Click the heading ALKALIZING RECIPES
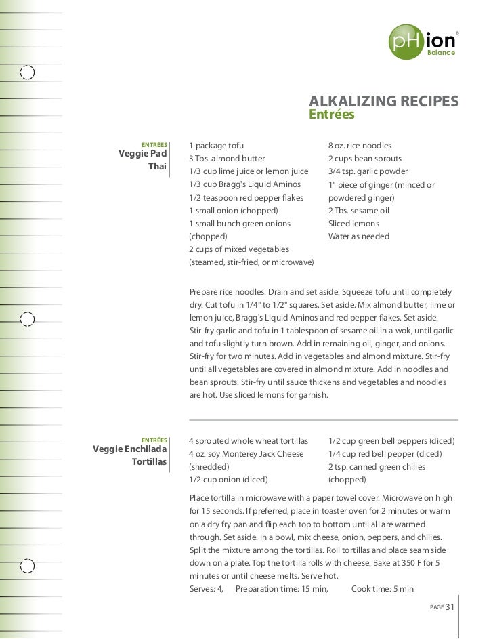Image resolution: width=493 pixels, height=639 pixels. click(383, 101)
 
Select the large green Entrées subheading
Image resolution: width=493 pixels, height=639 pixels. click(332, 115)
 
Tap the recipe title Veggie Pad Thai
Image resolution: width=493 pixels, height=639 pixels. click(143, 159)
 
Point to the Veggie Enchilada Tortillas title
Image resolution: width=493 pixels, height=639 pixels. click(130, 455)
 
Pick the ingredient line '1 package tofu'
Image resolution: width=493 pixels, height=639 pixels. click(216, 146)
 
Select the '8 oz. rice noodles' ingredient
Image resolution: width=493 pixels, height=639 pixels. click(360, 146)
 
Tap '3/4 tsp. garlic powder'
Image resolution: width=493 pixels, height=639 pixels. click(368, 171)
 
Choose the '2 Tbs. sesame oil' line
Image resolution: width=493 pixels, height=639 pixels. click(359, 211)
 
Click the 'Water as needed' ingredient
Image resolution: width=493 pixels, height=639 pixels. click(359, 236)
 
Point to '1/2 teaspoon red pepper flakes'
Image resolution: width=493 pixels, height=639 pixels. click(246, 198)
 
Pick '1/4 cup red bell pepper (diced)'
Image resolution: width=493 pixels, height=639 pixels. click(385, 454)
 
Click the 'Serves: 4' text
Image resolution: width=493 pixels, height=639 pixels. click(207, 589)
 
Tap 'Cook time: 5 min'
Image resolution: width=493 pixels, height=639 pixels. click(382, 589)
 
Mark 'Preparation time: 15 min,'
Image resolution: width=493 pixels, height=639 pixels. click(282, 589)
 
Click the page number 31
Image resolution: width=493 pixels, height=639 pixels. click(449, 606)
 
